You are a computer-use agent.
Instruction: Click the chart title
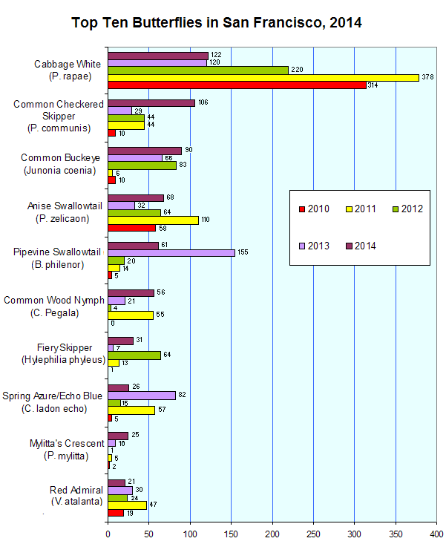point(216,23)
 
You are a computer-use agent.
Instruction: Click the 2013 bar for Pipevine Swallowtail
point(171,253)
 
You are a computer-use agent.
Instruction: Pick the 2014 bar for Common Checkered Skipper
point(151,102)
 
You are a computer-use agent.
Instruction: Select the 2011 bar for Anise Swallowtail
point(153,220)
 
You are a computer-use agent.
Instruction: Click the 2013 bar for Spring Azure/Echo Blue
point(142,396)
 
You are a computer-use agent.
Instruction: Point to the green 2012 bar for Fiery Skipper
point(134,355)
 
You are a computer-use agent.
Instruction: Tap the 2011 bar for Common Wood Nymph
point(131,315)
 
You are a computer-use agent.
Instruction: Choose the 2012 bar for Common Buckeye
point(142,165)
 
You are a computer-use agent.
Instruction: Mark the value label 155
point(243,253)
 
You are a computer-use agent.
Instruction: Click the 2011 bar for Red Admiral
point(127,505)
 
